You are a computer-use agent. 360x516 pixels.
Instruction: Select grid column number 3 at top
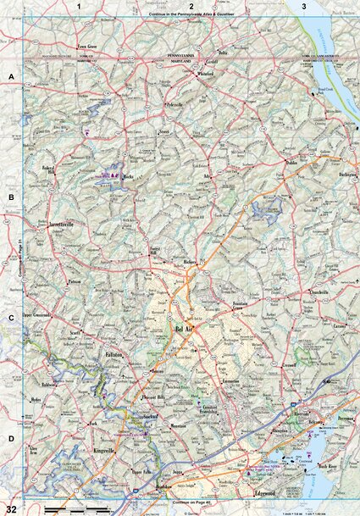[x=304, y=6]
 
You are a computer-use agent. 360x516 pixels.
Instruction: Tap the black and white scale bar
[x=75, y=508]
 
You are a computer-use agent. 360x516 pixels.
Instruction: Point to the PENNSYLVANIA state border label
[x=179, y=53]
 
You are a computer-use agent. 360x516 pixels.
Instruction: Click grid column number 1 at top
[x=78, y=6]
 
